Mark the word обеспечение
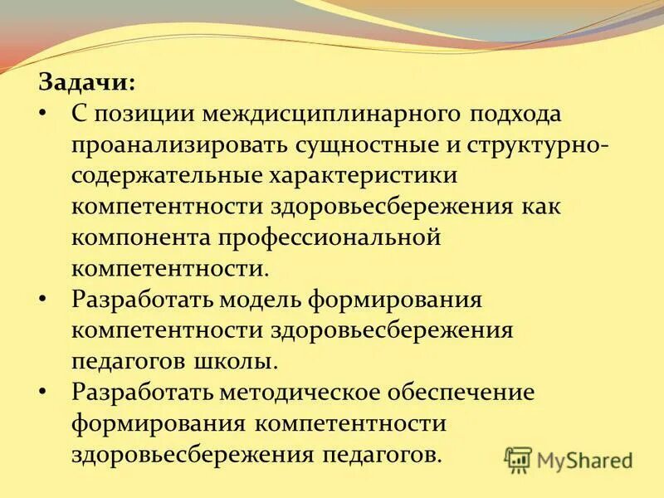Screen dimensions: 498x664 pyautogui.click(x=466, y=392)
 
